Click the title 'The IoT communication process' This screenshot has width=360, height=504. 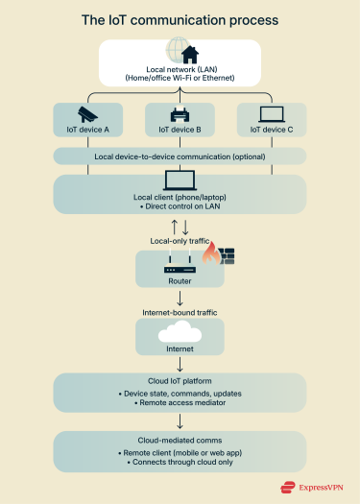click(x=180, y=19)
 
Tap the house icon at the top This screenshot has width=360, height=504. click(x=180, y=53)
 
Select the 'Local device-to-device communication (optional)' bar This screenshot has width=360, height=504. click(x=180, y=156)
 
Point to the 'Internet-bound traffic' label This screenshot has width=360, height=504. click(x=180, y=311)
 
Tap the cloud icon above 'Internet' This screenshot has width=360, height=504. click(x=180, y=333)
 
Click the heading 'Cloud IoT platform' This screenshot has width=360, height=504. click(x=180, y=382)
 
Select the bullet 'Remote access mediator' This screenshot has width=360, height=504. click(x=180, y=403)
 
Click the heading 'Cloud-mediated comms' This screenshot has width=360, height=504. click(x=180, y=438)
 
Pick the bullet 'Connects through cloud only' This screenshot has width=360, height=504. click(x=180, y=461)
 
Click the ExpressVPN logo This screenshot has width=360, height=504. click(x=313, y=487)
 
